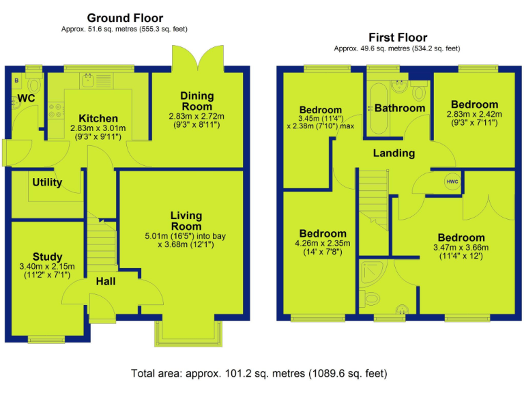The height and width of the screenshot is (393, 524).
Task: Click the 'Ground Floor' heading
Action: tap(125, 18)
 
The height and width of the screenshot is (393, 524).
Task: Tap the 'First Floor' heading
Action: tap(397, 38)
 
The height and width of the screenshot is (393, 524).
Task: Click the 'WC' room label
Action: tap(26, 99)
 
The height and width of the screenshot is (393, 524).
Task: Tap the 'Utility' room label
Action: tap(47, 182)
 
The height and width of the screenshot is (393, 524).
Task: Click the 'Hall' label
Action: tap(105, 281)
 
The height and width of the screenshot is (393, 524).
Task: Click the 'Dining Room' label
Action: tap(196, 101)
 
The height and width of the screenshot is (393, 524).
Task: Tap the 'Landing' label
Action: tap(394, 153)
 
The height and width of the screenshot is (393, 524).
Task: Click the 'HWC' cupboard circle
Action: tap(452, 181)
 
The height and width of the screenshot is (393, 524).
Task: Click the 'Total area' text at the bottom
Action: tap(259, 373)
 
